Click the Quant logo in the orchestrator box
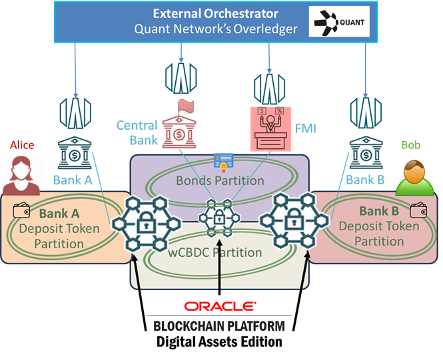[x=338, y=22]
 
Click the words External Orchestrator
[x=215, y=13]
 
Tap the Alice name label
[x=22, y=144]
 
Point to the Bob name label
[x=410, y=144]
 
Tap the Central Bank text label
[x=137, y=132]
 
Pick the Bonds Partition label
[x=220, y=180]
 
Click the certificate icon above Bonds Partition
[x=220, y=160]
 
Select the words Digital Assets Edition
[x=219, y=342]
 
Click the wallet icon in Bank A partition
[x=19, y=212]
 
